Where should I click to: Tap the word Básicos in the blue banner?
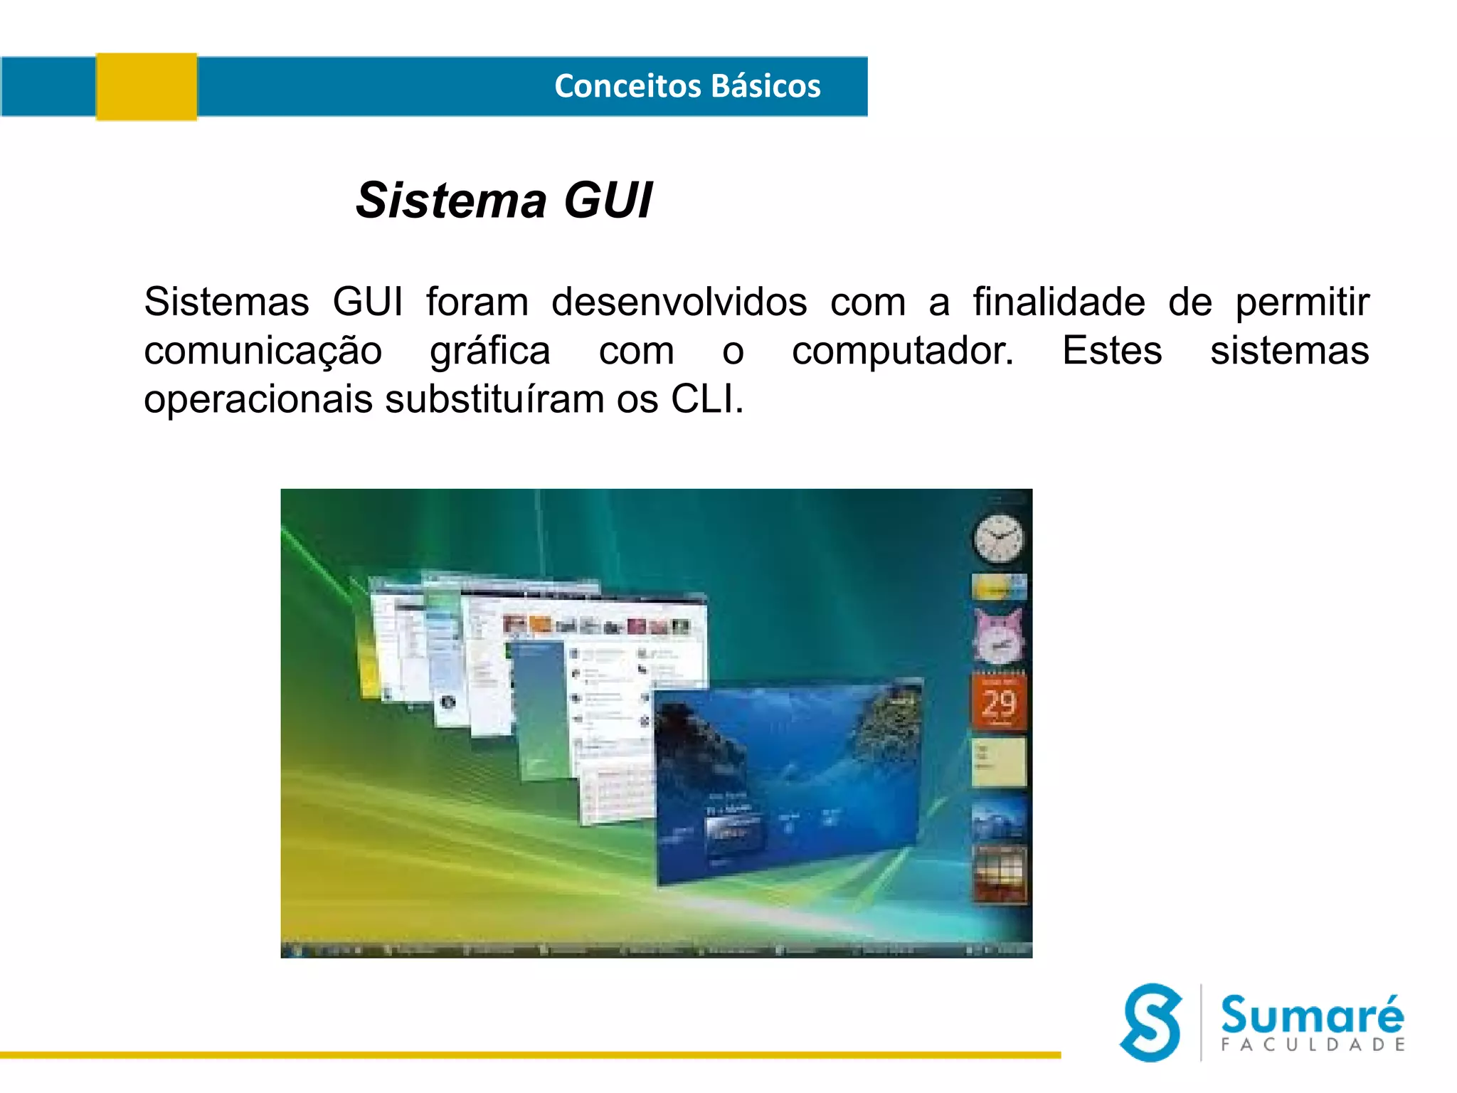pyautogui.click(x=766, y=86)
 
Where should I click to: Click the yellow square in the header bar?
pyautogui.click(x=147, y=86)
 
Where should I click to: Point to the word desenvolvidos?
pyautogui.click(x=679, y=302)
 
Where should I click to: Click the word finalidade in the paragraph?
pyautogui.click(x=1059, y=302)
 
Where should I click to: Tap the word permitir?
pyautogui.click(x=1302, y=302)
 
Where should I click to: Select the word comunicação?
pyautogui.click(x=263, y=351)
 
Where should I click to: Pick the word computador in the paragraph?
pyautogui.click(x=902, y=351)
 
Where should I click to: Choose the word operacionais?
pyautogui.click(x=258, y=399)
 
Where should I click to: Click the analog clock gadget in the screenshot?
pyautogui.click(x=999, y=538)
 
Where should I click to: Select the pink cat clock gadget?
pyautogui.click(x=999, y=637)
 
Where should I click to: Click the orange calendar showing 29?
pyautogui.click(x=999, y=703)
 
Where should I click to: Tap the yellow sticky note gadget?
pyautogui.click(x=999, y=761)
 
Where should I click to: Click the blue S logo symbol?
pyautogui.click(x=1151, y=1023)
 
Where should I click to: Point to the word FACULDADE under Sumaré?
pyautogui.click(x=1313, y=1045)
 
